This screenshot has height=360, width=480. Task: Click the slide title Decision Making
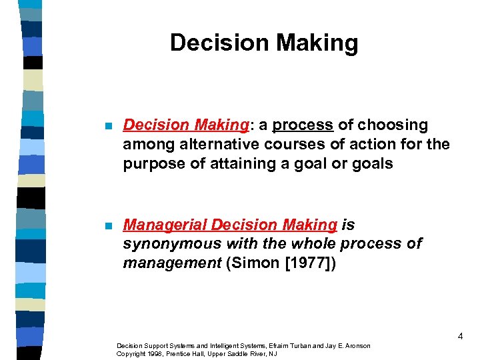click(x=264, y=43)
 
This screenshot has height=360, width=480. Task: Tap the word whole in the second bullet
click(x=293, y=244)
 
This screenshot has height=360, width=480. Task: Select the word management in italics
click(x=171, y=263)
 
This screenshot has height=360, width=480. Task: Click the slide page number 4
click(x=460, y=337)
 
